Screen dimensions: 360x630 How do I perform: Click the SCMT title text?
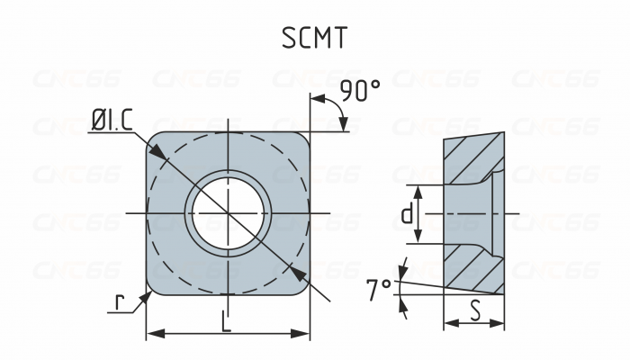[314, 38]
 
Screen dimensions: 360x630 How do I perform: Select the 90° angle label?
[360, 91]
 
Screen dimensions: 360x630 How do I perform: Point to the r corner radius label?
[118, 301]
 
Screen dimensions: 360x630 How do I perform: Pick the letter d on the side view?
[407, 214]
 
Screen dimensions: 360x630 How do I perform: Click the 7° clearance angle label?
[378, 289]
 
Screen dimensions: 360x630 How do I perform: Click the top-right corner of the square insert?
[307, 135]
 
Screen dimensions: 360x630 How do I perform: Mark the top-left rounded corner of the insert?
[152, 139]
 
